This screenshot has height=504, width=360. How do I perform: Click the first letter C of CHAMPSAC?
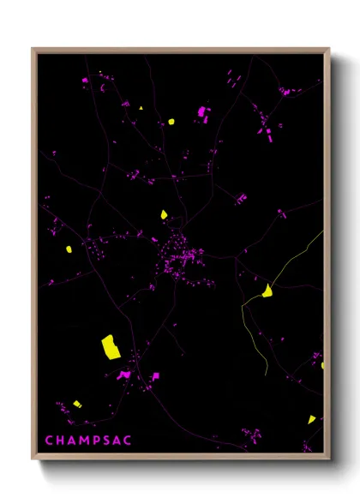point(49,441)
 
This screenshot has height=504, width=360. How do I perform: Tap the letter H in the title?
point(61,441)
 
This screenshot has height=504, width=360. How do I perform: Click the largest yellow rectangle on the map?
point(111,346)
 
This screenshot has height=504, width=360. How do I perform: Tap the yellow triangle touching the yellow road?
point(267,291)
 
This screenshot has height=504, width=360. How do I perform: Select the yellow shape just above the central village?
point(164,214)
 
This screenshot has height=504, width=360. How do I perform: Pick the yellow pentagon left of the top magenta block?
point(171,121)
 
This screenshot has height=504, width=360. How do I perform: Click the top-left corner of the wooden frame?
point(33,49)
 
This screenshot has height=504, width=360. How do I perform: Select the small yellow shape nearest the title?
point(76,404)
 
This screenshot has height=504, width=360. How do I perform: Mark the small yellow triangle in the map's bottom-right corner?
point(312,419)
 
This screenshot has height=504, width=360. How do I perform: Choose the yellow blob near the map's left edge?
point(69,249)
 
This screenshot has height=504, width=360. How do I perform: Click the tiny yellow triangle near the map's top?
point(141,108)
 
